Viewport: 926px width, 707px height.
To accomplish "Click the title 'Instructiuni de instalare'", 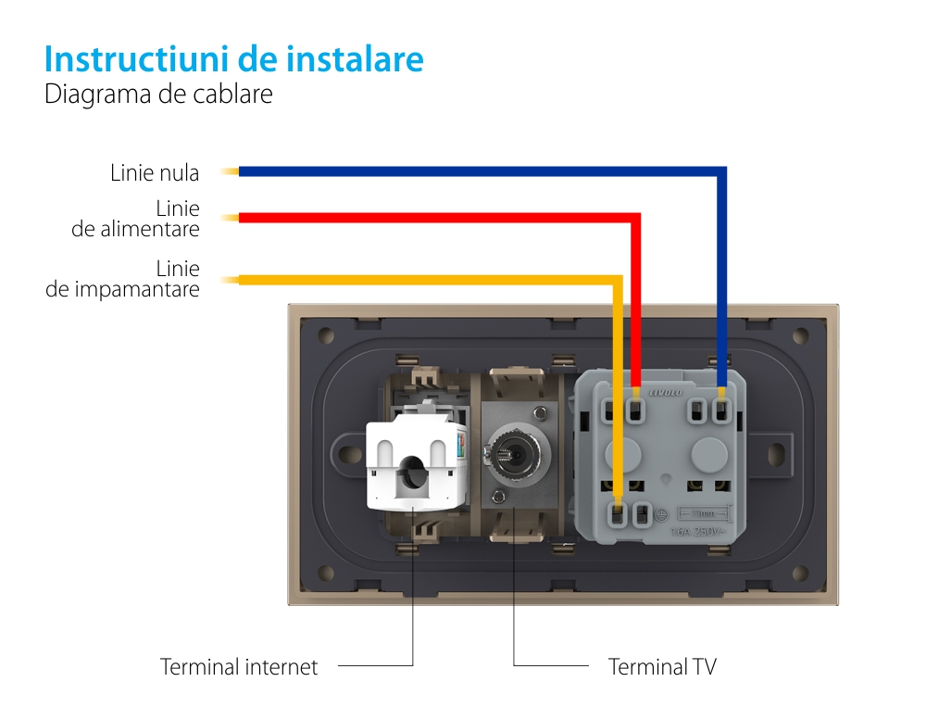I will pyautogui.click(x=233, y=59).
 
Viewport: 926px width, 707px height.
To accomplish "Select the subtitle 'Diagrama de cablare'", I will pyautogui.click(x=158, y=95).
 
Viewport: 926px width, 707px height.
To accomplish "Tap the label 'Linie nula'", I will pyautogui.click(x=155, y=172).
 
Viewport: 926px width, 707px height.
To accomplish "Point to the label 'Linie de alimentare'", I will pyautogui.click(x=136, y=219).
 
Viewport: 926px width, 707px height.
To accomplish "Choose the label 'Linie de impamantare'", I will pyautogui.click(x=123, y=279).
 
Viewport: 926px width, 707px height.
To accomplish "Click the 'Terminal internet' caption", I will pyautogui.click(x=239, y=666).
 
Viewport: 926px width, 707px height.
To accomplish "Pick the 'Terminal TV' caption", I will pyautogui.click(x=662, y=666).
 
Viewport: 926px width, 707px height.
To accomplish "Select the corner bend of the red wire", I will pyautogui.click(x=636, y=219).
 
